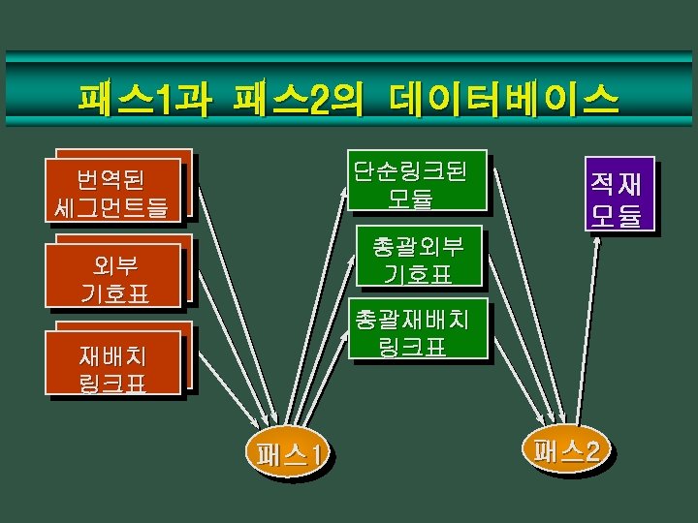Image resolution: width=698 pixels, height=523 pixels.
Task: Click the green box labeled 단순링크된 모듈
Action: pyautogui.click(x=417, y=183)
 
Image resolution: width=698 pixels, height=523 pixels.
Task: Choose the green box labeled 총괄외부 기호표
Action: pyautogui.click(x=417, y=260)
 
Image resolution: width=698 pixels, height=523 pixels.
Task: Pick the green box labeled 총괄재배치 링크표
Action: pyautogui.click(x=417, y=332)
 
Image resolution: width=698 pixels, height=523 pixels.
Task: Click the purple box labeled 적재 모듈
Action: pyautogui.click(x=619, y=195)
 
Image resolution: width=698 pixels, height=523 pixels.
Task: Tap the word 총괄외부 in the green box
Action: pyautogui.click(x=418, y=246)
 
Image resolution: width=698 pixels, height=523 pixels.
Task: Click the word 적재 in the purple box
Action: pyautogui.click(x=619, y=181)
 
